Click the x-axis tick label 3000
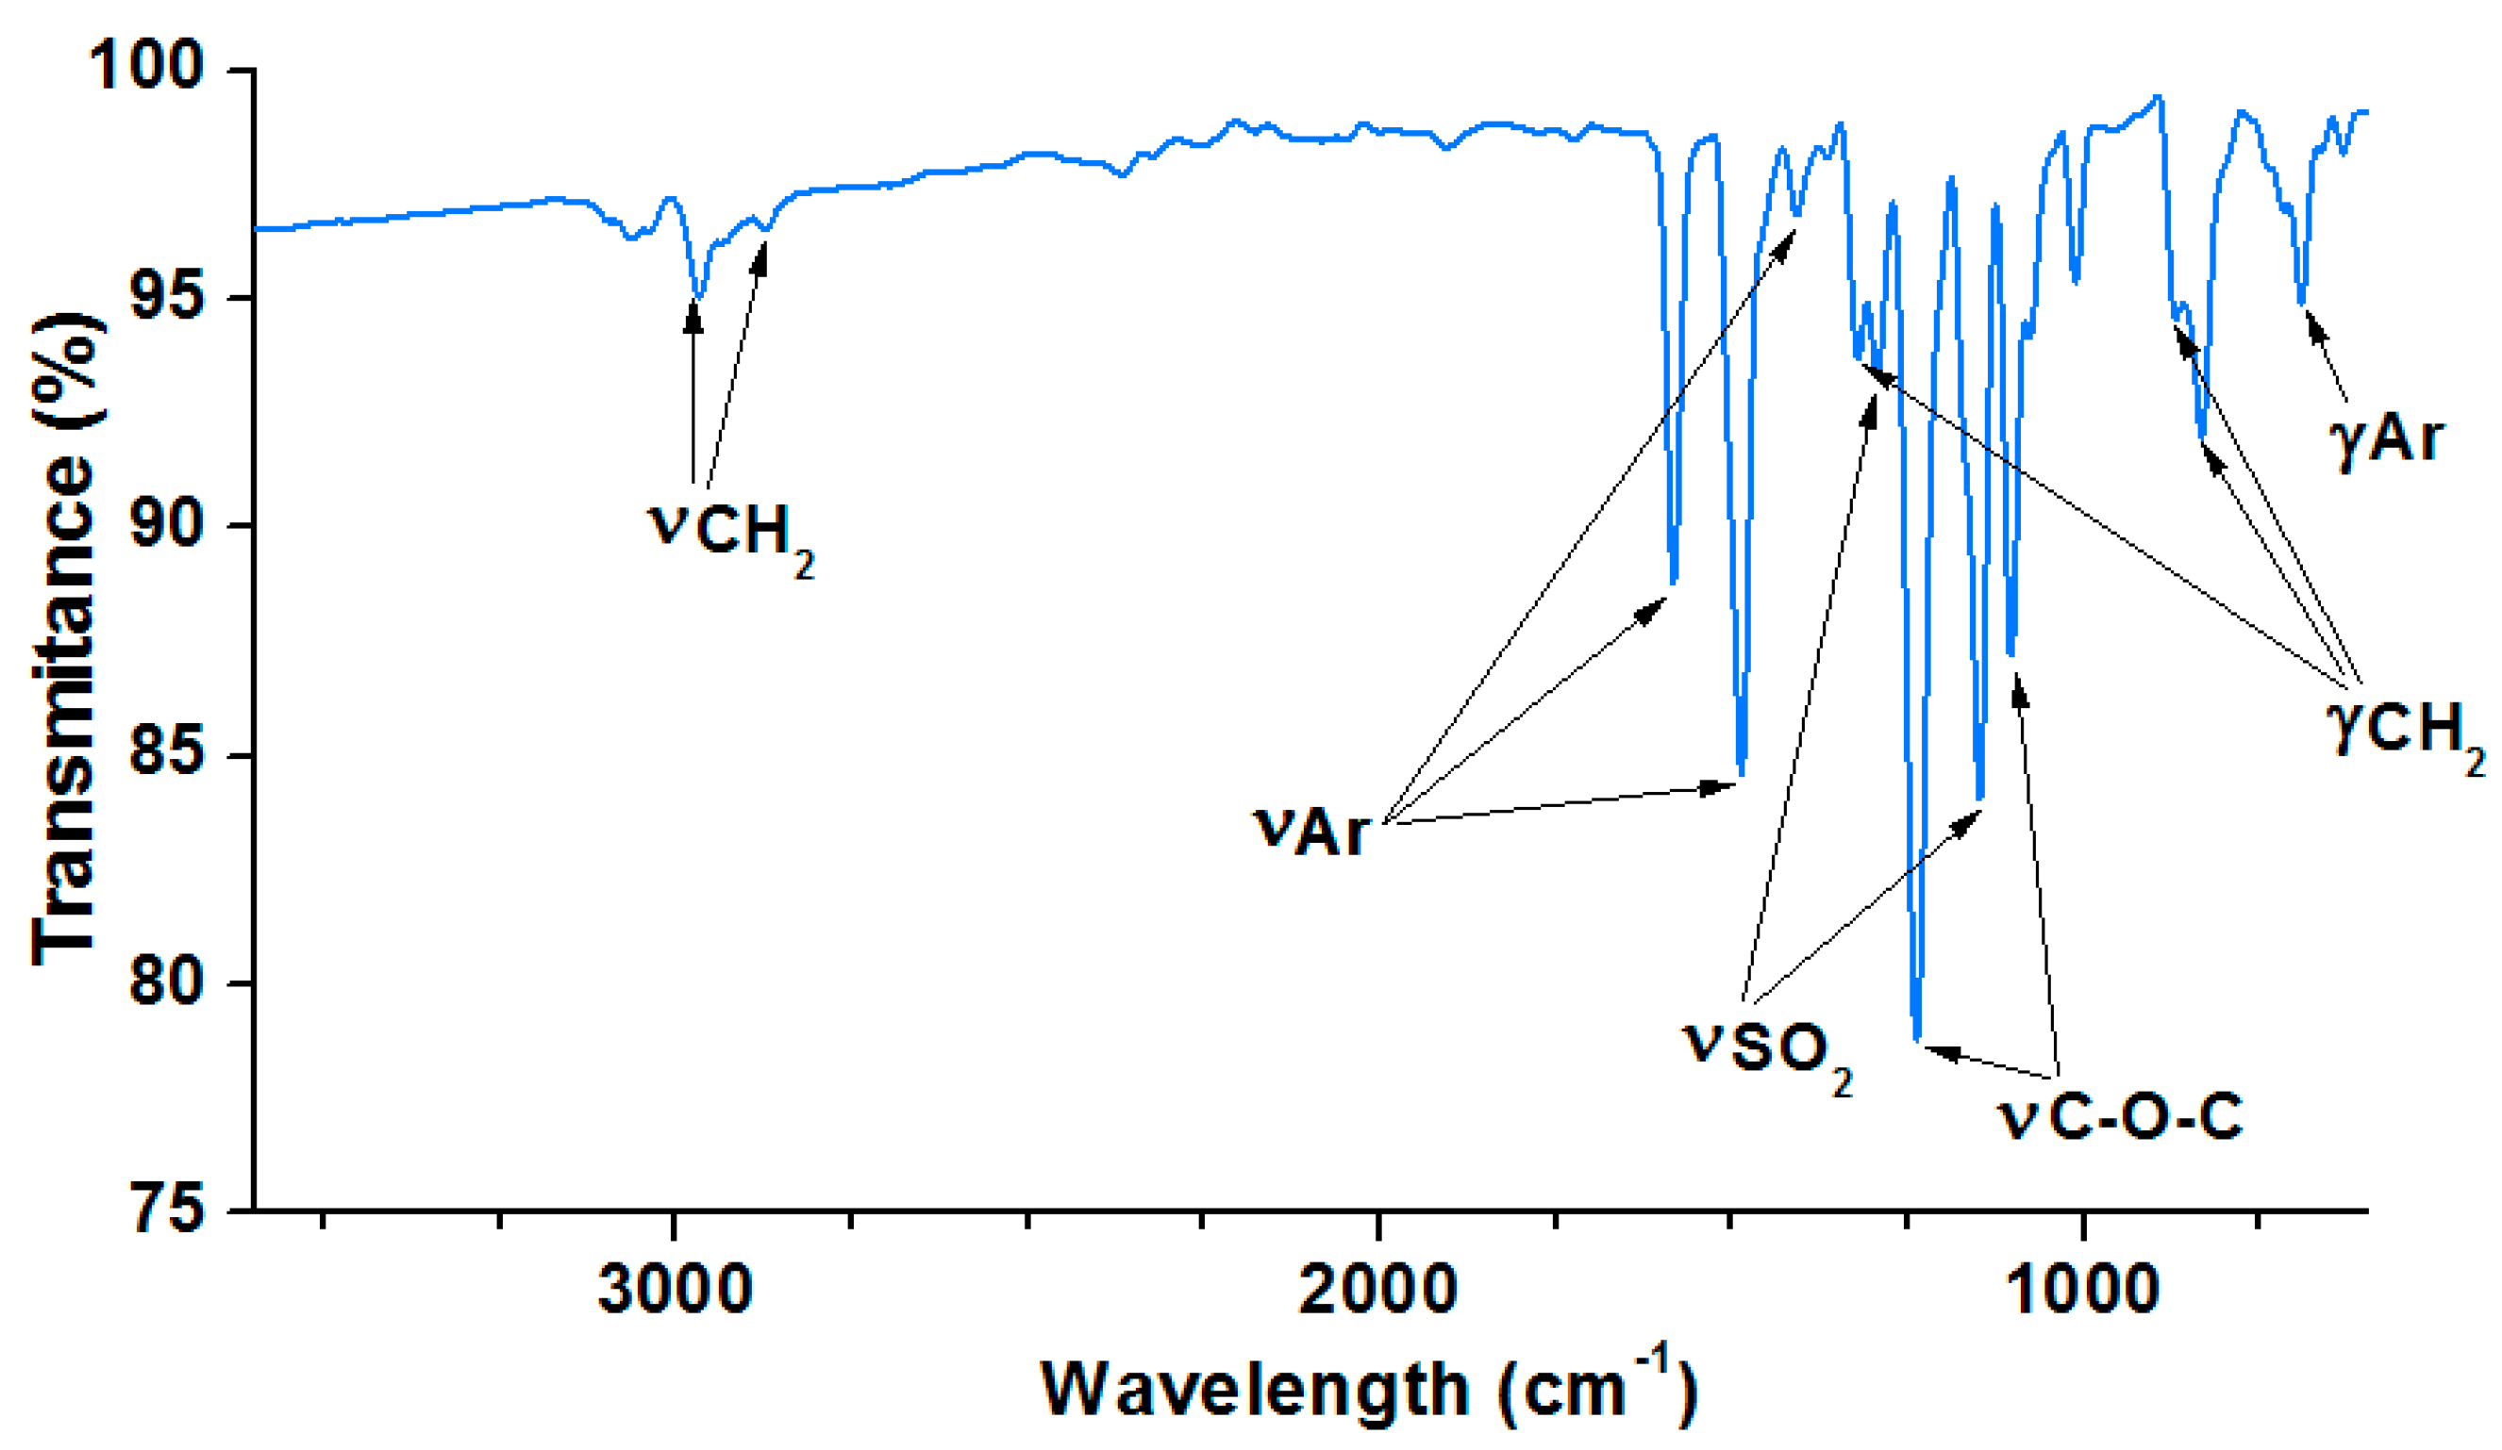point(675,1291)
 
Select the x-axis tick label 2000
point(1378,1291)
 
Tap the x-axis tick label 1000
point(2081,1291)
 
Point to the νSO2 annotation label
point(1767,1053)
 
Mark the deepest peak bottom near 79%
point(1917,1038)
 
